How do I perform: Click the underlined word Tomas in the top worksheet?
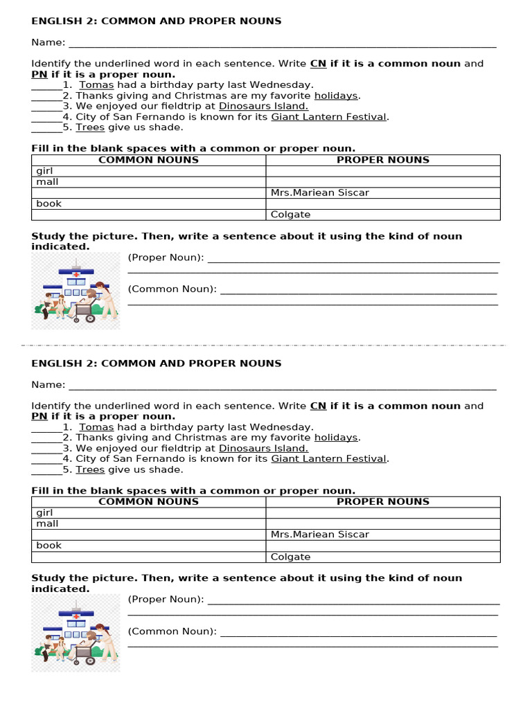[x=96, y=85]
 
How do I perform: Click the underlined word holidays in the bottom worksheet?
[x=336, y=438]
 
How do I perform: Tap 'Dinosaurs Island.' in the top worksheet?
[x=263, y=106]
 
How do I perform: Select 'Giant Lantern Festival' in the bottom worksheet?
[x=328, y=458]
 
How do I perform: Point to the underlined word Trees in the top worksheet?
[x=90, y=127]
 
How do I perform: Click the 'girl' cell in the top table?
[x=149, y=171]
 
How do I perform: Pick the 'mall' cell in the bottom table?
[x=149, y=524]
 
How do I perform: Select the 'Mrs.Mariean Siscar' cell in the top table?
[x=382, y=192]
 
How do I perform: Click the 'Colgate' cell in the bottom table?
[x=382, y=557]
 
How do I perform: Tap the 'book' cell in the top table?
[x=149, y=204]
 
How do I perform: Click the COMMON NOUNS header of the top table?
[x=148, y=160]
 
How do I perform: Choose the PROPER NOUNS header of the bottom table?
[x=382, y=501]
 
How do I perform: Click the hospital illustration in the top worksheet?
[x=76, y=291]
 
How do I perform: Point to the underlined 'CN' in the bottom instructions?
[x=318, y=406]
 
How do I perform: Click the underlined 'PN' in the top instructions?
[x=39, y=75]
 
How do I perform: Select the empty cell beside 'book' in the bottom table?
[x=382, y=546]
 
